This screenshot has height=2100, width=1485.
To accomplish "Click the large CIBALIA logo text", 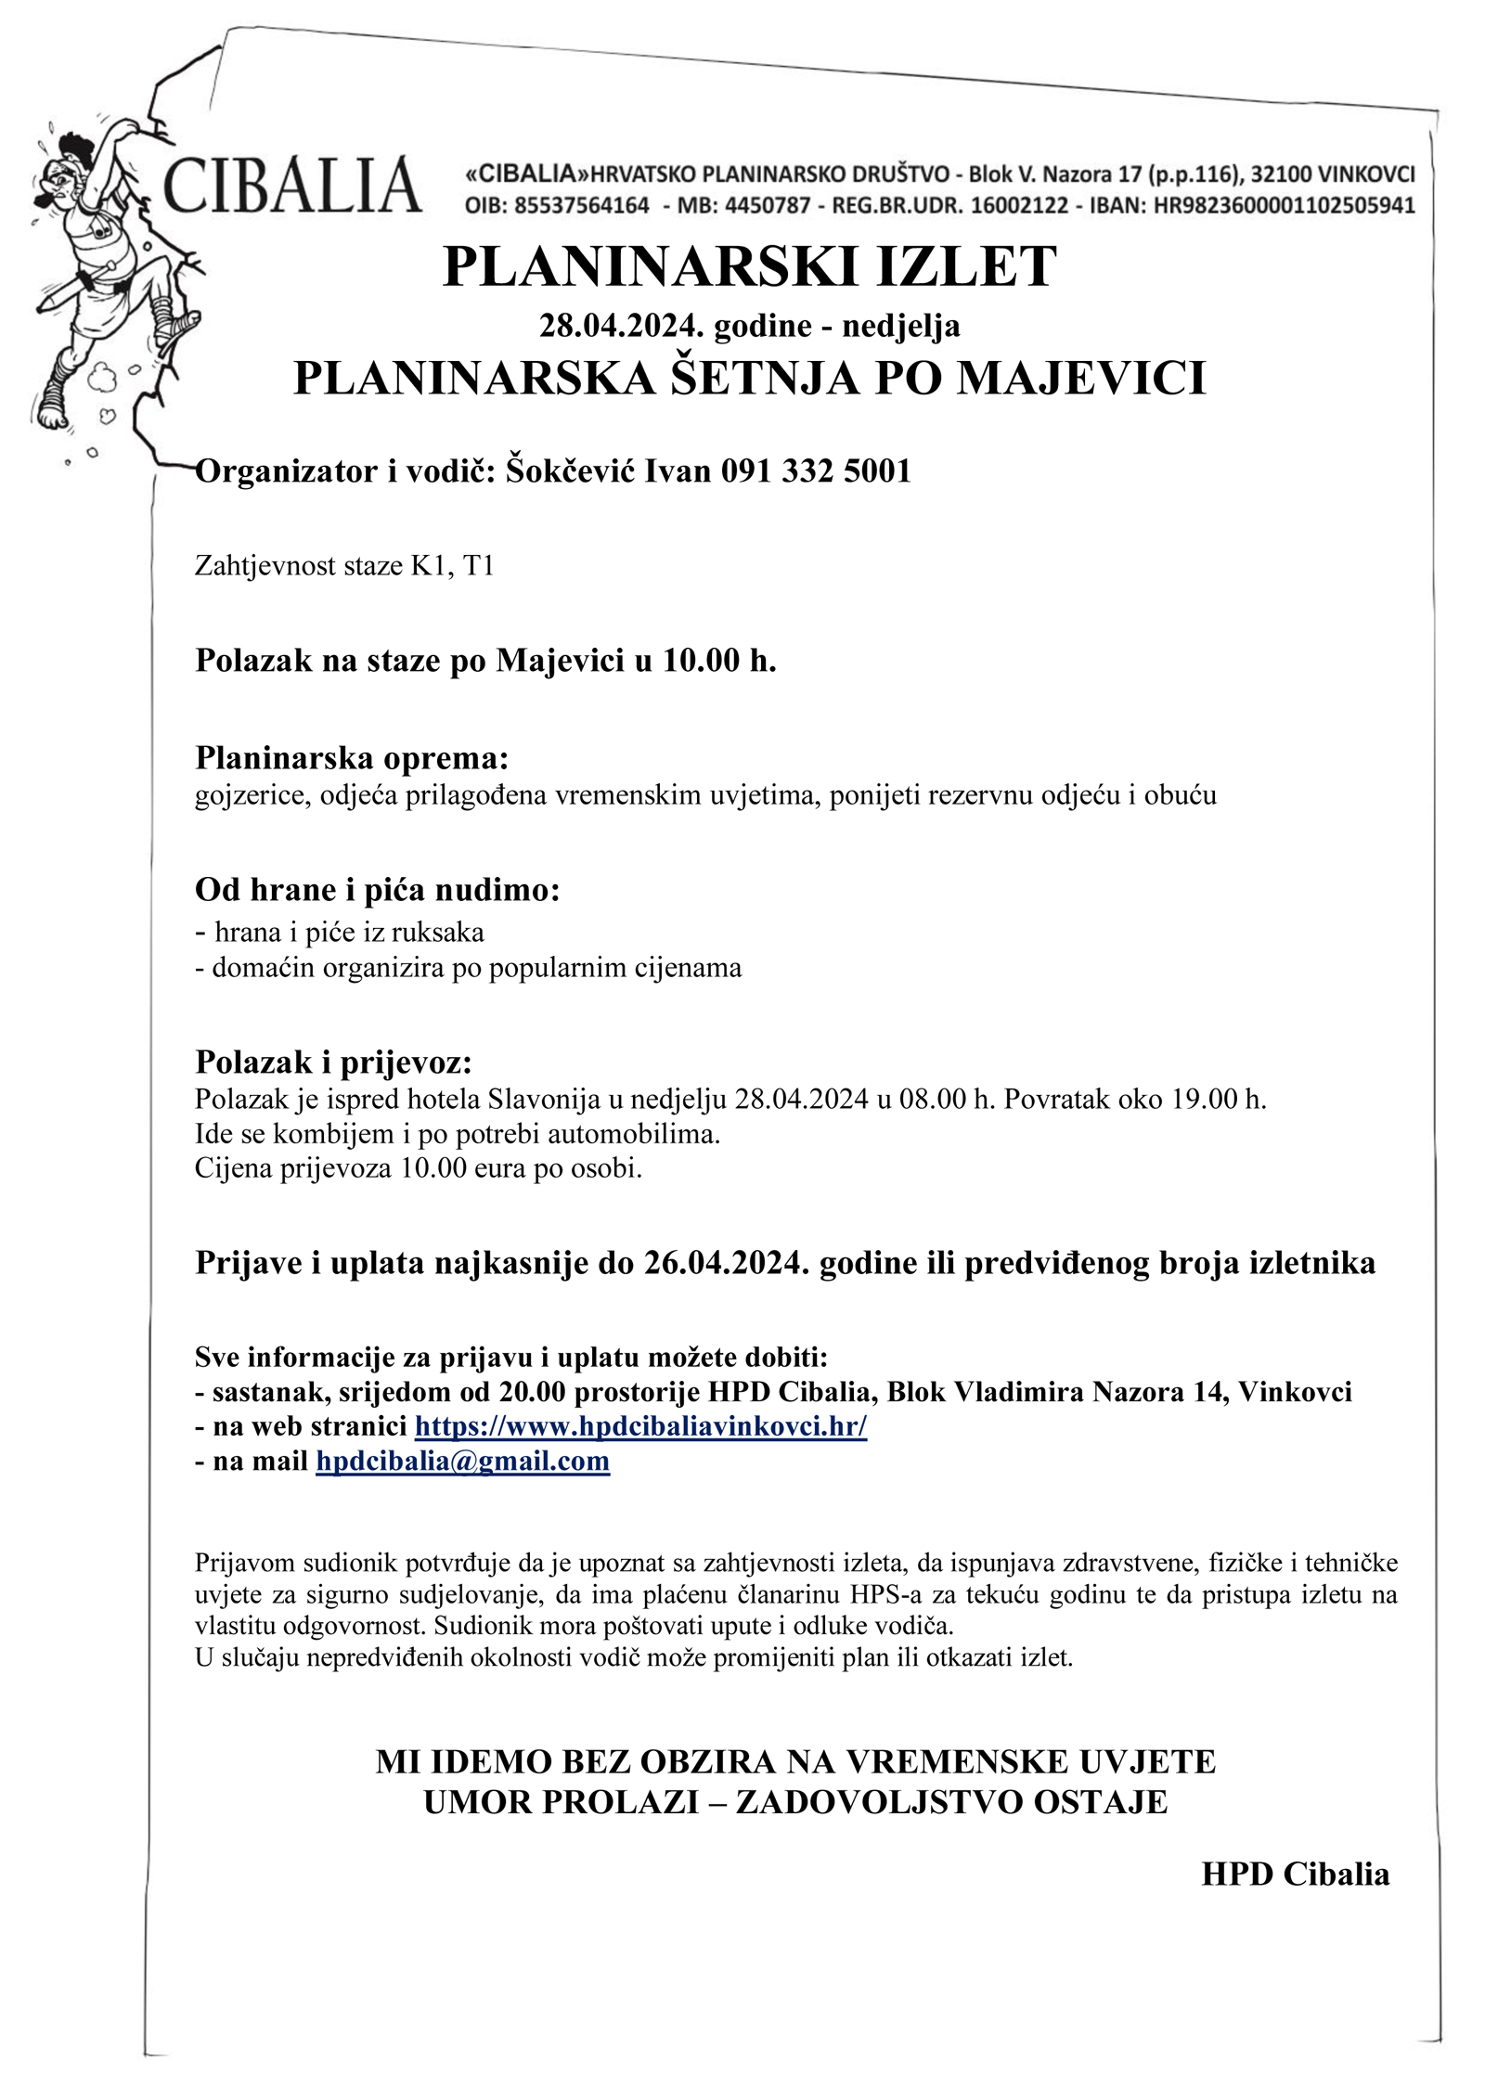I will [x=292, y=186].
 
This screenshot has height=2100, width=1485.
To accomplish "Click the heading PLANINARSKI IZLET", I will [x=749, y=267].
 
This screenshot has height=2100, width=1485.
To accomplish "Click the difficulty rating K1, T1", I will [x=453, y=565].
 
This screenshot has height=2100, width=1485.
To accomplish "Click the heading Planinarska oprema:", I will [x=352, y=758].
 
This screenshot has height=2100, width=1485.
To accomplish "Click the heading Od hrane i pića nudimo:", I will [x=377, y=889].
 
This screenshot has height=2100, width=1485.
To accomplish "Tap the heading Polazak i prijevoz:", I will [x=333, y=1062].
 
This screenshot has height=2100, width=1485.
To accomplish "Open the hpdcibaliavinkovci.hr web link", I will [x=640, y=1426].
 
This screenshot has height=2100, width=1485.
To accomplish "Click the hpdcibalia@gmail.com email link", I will [x=462, y=1462].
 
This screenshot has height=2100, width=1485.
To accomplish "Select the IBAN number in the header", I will [x=1284, y=206].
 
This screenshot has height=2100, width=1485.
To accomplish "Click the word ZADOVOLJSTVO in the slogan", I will [x=898, y=1801].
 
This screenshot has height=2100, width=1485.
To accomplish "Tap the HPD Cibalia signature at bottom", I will [x=1295, y=1874].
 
